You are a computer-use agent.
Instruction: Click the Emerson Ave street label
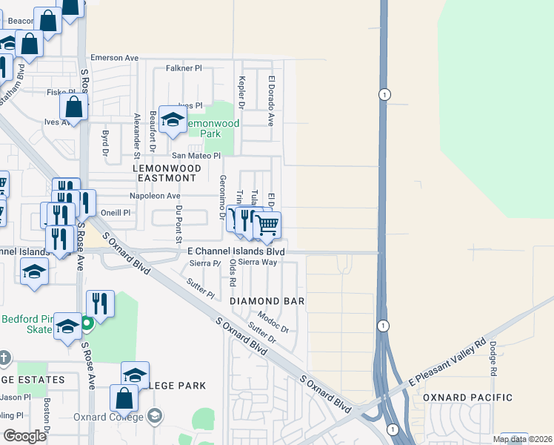[115, 58]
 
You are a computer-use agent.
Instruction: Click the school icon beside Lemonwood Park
[173, 120]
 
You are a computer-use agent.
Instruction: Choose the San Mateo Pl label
[196, 156]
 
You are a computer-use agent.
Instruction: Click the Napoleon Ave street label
[156, 196]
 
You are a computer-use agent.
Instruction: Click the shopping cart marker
[267, 224]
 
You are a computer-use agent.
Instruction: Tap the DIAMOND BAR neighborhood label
[267, 302]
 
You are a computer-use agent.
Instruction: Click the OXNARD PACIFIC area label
[467, 398]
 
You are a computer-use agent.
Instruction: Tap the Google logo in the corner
[24, 436]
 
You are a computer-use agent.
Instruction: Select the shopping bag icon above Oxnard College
[124, 398]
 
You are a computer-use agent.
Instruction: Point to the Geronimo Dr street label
[222, 197]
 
